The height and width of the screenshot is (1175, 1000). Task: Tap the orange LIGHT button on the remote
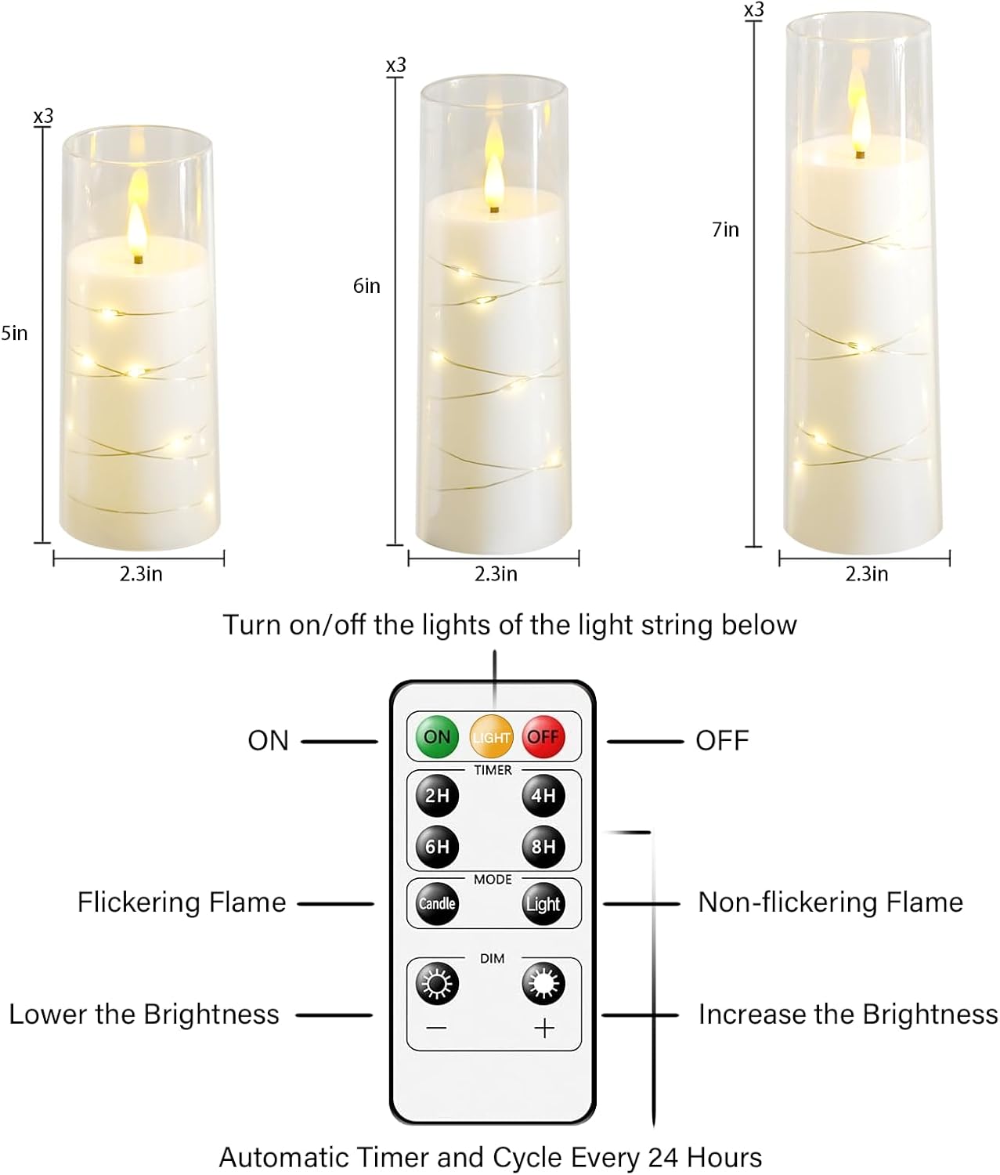491,736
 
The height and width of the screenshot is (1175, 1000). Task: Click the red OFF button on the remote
543,736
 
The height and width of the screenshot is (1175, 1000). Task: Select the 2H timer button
437,796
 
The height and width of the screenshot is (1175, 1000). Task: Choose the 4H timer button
543,796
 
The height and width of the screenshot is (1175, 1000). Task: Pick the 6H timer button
437,847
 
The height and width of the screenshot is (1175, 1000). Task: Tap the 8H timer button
543,847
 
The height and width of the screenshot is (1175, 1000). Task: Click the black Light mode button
543,904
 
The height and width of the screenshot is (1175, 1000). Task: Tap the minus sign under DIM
437,1028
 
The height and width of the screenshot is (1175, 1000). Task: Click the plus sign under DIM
544,1028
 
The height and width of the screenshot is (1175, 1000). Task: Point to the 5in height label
14,334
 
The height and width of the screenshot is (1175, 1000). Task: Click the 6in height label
366,286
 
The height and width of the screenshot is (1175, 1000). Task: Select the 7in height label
725,230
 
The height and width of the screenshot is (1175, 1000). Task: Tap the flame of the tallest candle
860,117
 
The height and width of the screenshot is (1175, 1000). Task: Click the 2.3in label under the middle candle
496,574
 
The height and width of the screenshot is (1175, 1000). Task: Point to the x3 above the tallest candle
753,10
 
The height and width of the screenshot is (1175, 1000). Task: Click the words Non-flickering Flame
830,902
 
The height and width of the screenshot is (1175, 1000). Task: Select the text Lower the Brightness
144,1014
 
